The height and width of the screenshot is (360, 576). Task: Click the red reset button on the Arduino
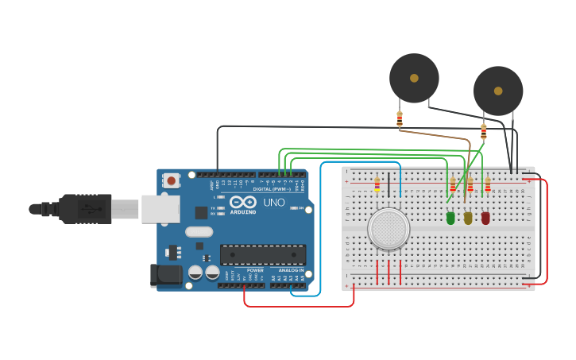pyautogui.click(x=172, y=180)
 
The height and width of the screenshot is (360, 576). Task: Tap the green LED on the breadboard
pyautogui.click(x=450, y=217)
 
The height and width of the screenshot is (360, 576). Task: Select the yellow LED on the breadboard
pyautogui.click(x=468, y=217)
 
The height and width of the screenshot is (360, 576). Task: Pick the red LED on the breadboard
pyautogui.click(x=485, y=217)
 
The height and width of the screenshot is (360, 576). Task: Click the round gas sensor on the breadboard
pyautogui.click(x=389, y=229)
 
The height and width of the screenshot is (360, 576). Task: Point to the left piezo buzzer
pyautogui.click(x=414, y=78)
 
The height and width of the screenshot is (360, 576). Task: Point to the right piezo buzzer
pyautogui.click(x=498, y=91)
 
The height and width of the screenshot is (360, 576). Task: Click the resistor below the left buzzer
pyautogui.click(x=400, y=119)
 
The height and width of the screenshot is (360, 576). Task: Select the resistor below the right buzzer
pyautogui.click(x=483, y=131)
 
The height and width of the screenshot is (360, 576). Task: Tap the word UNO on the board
pyautogui.click(x=274, y=203)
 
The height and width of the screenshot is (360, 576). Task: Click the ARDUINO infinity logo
pyautogui.click(x=243, y=202)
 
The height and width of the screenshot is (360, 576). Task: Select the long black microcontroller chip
pyautogui.click(x=263, y=254)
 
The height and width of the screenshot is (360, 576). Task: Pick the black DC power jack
pyautogui.click(x=165, y=276)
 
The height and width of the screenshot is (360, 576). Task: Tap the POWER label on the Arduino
pyautogui.click(x=255, y=270)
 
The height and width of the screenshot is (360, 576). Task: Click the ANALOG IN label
pyautogui.click(x=291, y=270)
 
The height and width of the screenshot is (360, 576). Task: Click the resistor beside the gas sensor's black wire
pyautogui.click(x=377, y=185)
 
